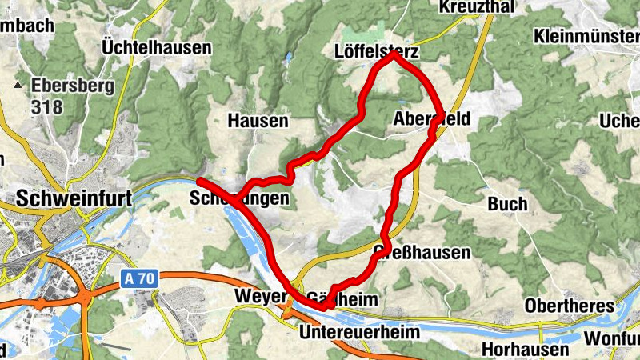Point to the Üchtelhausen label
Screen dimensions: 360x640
click(157, 48)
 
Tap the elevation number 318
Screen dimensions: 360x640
click(46, 105)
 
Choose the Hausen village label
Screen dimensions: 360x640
click(258, 121)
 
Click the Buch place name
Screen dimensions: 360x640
click(507, 203)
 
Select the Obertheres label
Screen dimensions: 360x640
click(569, 306)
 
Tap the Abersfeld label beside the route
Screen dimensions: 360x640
click(432, 120)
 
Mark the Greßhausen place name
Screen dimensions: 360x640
click(422, 253)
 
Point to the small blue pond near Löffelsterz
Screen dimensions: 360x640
click(286, 58)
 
